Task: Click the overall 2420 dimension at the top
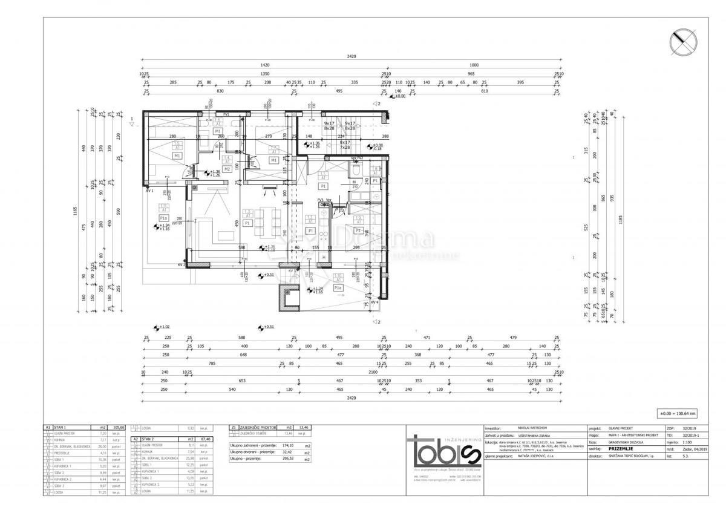[x=352, y=56]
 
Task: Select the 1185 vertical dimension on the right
[x=621, y=221]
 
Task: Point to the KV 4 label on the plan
[x=374, y=302]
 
